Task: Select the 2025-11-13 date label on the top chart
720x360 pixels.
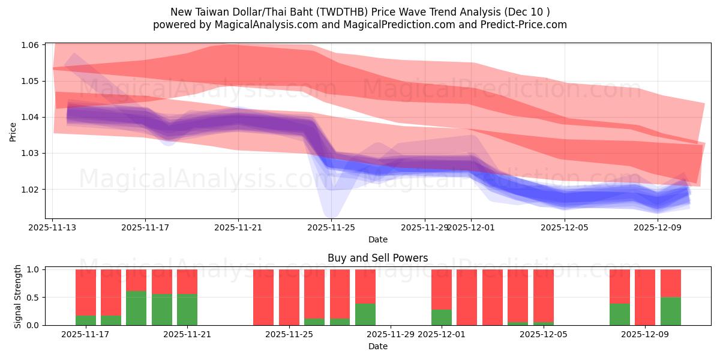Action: coord(53,227)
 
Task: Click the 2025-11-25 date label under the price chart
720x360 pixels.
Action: coord(331,227)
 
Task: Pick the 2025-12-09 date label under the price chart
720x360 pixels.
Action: coord(658,227)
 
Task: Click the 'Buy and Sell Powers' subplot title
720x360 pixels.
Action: coord(378,259)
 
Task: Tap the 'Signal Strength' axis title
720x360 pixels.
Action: coord(18,297)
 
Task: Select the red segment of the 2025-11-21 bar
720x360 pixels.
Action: coord(187,281)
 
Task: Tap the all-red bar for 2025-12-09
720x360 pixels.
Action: coord(645,297)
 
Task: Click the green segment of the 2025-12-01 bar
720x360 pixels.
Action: coord(442,317)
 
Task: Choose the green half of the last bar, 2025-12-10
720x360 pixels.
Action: coord(671,311)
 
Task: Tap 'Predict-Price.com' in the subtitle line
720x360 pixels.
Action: coord(519,25)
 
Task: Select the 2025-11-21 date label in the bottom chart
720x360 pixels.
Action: coord(187,334)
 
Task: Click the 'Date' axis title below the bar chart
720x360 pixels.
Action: coord(378,346)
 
